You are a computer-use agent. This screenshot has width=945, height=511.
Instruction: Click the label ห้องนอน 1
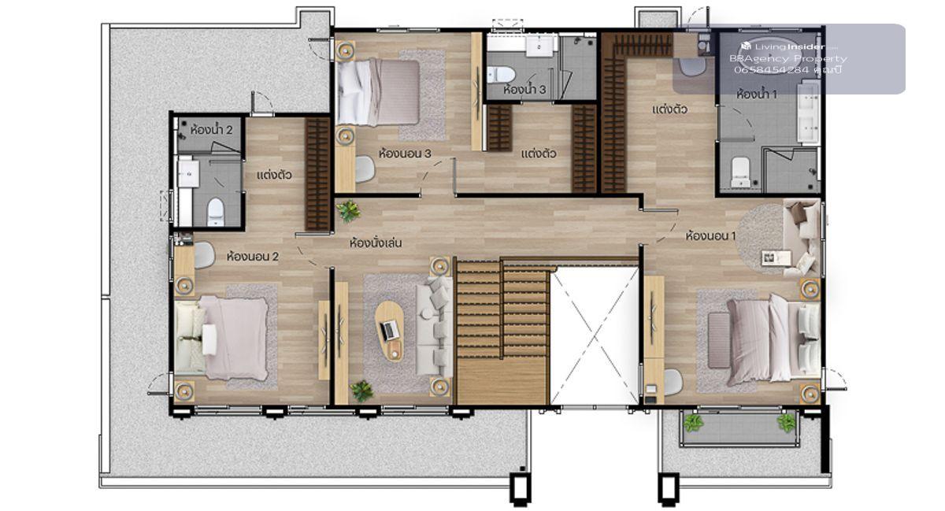click(x=710, y=235)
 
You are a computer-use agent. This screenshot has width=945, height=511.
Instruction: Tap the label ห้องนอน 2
click(x=252, y=256)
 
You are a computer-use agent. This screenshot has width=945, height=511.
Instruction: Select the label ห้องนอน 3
click(x=405, y=154)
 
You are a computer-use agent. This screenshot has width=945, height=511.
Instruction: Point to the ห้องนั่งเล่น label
click(x=376, y=243)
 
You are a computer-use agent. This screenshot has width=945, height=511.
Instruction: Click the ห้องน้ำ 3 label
click(x=524, y=90)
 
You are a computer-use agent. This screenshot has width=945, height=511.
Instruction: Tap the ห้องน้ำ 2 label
click(x=211, y=129)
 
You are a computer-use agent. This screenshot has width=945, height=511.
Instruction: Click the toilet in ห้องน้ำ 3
click(x=501, y=75)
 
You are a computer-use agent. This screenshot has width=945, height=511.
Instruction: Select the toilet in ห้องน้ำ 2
click(x=216, y=212)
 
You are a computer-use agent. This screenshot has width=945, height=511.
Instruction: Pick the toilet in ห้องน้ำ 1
click(x=740, y=172)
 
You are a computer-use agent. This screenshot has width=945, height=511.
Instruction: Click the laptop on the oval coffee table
click(x=389, y=331)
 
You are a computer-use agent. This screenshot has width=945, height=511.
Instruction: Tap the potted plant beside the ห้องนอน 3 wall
click(x=348, y=210)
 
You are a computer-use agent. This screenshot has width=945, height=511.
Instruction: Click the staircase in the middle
click(x=502, y=331)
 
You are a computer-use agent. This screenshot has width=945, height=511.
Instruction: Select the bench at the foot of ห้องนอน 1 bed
click(x=718, y=339)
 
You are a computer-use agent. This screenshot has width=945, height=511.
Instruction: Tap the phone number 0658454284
click(x=772, y=70)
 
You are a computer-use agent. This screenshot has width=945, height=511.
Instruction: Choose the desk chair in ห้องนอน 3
click(x=365, y=169)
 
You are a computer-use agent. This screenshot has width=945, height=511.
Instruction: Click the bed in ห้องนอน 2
click(x=222, y=338)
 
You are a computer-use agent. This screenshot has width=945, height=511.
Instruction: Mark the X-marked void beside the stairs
click(x=595, y=335)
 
